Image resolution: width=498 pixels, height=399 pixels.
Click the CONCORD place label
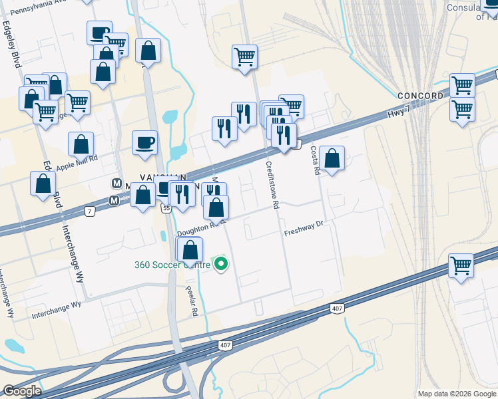[420, 96]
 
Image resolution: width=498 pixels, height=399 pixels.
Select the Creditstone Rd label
[271, 184]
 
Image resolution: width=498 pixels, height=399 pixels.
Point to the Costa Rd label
[315, 160]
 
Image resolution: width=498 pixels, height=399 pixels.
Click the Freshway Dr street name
[303, 233]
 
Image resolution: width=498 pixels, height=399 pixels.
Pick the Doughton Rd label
[196, 230]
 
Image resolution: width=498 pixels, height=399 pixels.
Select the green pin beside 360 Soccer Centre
[220, 265]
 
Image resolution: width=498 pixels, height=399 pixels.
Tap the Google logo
[21, 390]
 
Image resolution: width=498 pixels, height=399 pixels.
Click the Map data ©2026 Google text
[456, 394]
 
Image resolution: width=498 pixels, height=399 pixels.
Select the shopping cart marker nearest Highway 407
[461, 266]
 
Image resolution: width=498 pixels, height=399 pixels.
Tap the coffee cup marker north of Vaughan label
[144, 143]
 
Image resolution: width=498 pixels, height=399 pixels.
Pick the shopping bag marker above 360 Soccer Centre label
[190, 250]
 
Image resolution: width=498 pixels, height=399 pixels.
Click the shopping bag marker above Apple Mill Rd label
[81, 144]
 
